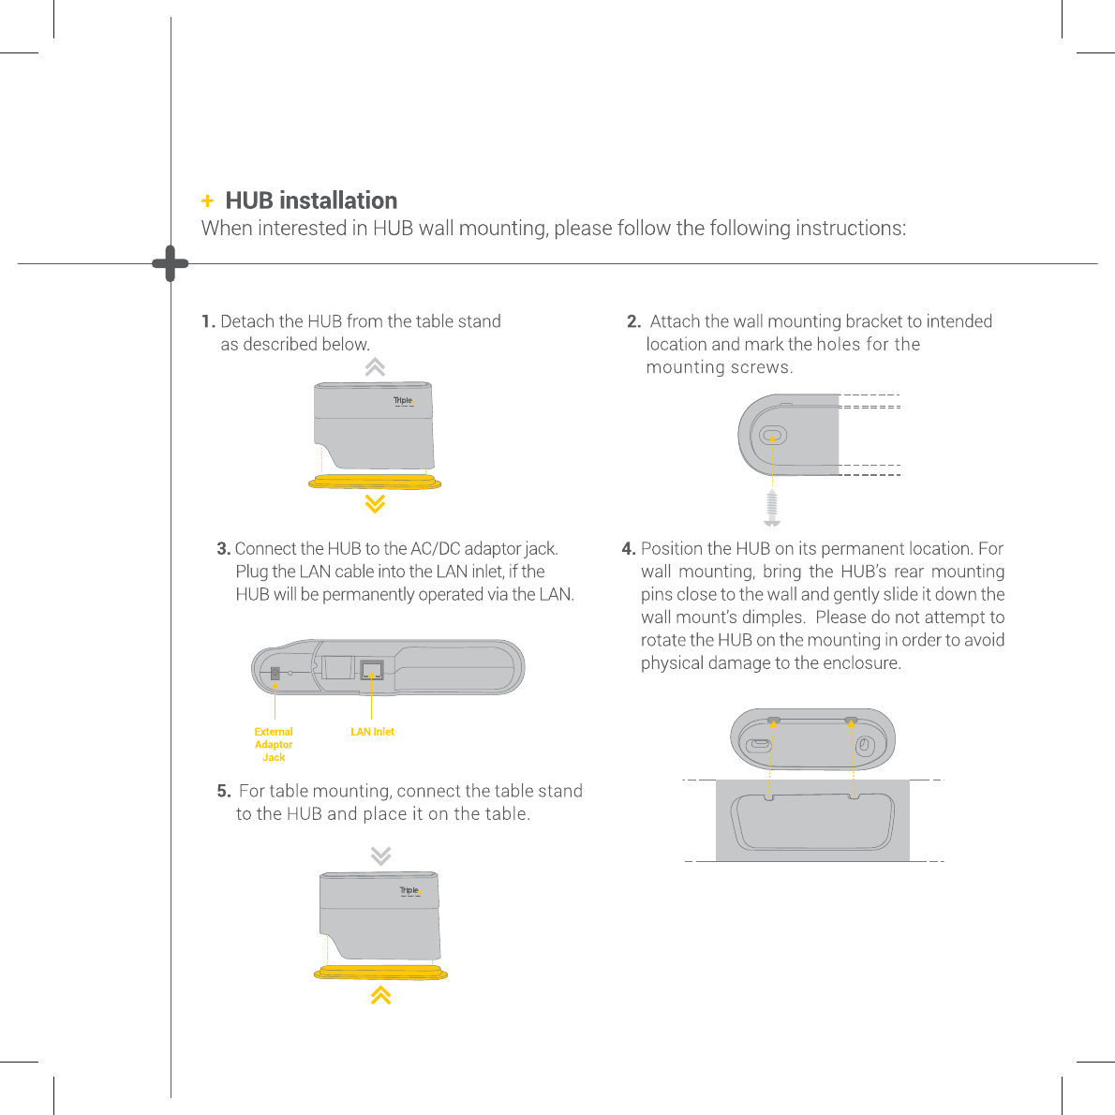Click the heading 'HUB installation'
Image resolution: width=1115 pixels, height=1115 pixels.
pyautogui.click(x=311, y=201)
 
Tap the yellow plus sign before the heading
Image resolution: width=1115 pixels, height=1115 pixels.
pyautogui.click(x=207, y=201)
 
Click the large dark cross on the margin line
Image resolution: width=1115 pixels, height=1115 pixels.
pyautogui.click(x=171, y=264)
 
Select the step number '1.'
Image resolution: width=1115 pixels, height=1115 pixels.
pyautogui.click(x=208, y=321)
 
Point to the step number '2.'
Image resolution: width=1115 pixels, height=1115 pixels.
pyautogui.click(x=633, y=321)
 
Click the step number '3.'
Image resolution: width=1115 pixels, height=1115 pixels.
pyautogui.click(x=223, y=548)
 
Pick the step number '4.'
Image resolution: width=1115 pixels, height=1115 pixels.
pyautogui.click(x=629, y=548)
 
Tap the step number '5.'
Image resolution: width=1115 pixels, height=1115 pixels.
pyautogui.click(x=224, y=791)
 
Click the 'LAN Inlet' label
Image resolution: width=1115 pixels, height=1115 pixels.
pyautogui.click(x=372, y=732)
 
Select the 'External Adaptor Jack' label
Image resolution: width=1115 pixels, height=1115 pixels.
pyautogui.click(x=274, y=744)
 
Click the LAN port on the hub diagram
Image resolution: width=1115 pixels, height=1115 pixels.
pyautogui.click(x=372, y=670)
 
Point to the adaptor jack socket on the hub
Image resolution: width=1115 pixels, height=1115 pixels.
pyautogui.click(x=275, y=673)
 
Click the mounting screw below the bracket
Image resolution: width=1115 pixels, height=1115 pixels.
pyautogui.click(x=773, y=507)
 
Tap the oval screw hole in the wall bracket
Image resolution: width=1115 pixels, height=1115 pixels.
pyautogui.click(x=773, y=436)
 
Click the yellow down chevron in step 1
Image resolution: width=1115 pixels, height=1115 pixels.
pyautogui.click(x=375, y=504)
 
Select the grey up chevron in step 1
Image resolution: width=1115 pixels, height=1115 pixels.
pyautogui.click(x=375, y=367)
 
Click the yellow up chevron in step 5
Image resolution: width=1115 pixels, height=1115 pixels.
pyautogui.click(x=380, y=995)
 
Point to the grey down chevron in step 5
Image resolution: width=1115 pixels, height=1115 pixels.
pyautogui.click(x=380, y=855)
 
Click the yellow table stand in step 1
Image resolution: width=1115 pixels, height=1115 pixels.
pyautogui.click(x=375, y=482)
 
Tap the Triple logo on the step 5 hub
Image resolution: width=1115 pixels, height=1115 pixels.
pyautogui.click(x=409, y=891)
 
